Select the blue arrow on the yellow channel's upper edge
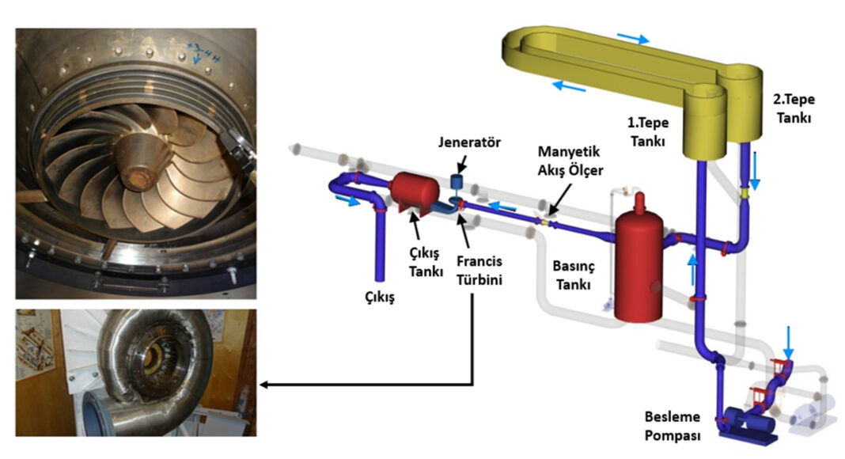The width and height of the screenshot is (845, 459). point(633,38)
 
